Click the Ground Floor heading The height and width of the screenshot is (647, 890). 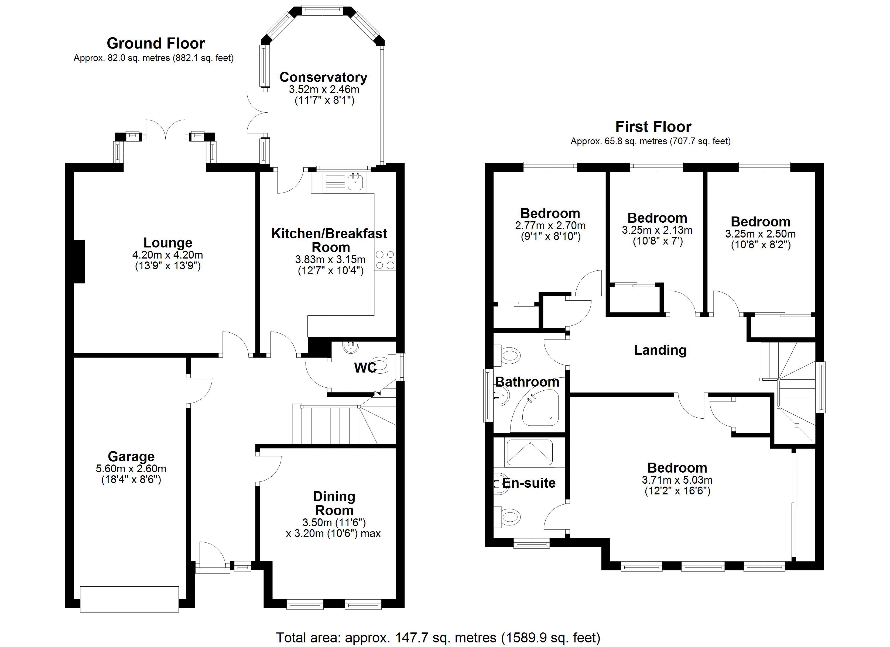pyautogui.click(x=156, y=43)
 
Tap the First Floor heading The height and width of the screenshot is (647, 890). pyautogui.click(x=653, y=127)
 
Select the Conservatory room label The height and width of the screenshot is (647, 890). pyautogui.click(x=323, y=77)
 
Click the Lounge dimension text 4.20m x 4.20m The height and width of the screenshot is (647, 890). pyautogui.click(x=167, y=255)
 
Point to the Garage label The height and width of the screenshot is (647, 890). pyautogui.click(x=131, y=456)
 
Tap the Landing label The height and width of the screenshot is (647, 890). pyautogui.click(x=660, y=350)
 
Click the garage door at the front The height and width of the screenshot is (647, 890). pyautogui.click(x=129, y=599)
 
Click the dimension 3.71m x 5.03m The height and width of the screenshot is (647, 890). pyautogui.click(x=677, y=480)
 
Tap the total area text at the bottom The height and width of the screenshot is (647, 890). pyautogui.click(x=438, y=638)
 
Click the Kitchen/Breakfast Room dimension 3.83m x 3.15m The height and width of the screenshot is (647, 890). pyautogui.click(x=330, y=259)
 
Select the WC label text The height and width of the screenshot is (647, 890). pyautogui.click(x=365, y=368)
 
